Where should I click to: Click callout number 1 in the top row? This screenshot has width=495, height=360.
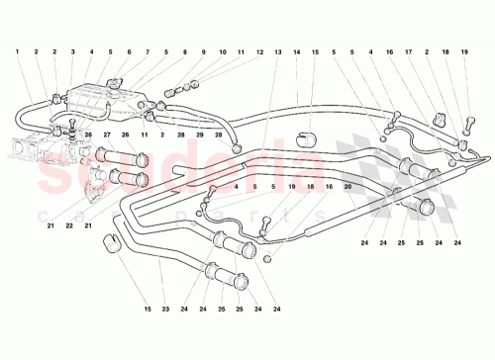pyautogui.click(x=17, y=50)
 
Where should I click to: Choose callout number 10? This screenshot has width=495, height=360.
pyautogui.click(x=224, y=50)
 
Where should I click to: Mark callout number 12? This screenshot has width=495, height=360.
pyautogui.click(x=260, y=50)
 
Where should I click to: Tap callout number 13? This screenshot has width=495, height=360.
pyautogui.click(x=278, y=50)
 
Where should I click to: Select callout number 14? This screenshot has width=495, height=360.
pyautogui.click(x=297, y=50)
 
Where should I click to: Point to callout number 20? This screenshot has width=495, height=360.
pyautogui.click(x=347, y=184)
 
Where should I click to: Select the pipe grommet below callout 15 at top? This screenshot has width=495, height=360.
pyautogui.click(x=307, y=134)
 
